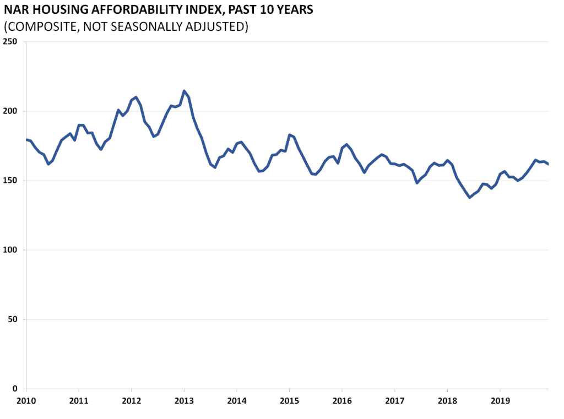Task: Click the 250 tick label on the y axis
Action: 10,42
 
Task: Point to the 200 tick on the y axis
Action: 10,111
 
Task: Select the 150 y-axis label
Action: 10,181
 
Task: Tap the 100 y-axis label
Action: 10,250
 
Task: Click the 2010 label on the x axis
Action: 26,400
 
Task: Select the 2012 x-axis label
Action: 131,400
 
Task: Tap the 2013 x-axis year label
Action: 183,400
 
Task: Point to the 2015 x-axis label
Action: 289,400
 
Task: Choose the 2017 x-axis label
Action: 394,400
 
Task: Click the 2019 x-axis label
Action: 500,400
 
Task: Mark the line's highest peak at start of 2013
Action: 184,91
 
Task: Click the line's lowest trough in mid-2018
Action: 470,197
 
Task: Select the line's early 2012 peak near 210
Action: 135,97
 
